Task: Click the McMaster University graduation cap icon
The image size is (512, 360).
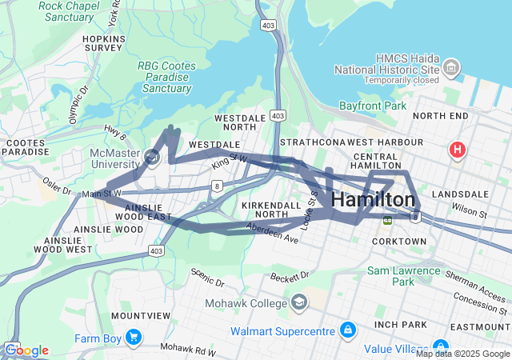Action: pos(152,156)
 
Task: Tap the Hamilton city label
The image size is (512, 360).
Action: pos(373,200)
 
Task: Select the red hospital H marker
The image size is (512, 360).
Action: pos(458,149)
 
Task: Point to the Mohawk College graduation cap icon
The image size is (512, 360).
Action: pos(299,303)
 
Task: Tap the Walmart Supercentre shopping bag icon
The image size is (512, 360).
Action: pos(348,330)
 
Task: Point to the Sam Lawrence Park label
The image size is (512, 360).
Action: pos(403,276)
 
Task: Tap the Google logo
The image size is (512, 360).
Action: pos(26,350)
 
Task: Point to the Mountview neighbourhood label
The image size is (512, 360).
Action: pos(140,315)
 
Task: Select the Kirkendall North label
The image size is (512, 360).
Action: pos(270,210)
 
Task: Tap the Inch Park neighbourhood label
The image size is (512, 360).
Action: pos(402,324)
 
